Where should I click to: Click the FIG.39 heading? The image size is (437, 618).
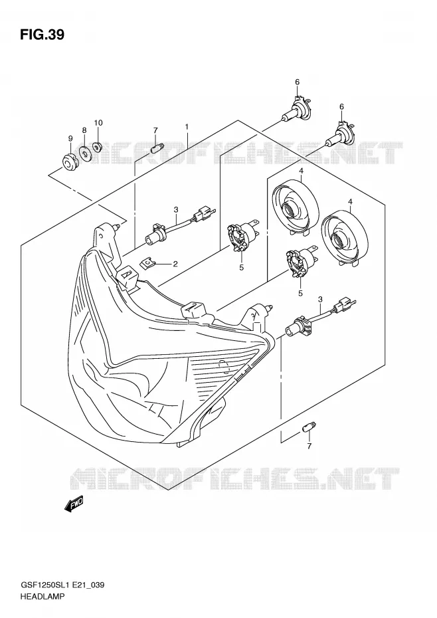point(42,35)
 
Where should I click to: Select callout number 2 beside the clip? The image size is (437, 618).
point(175,264)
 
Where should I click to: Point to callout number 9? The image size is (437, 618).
point(70,138)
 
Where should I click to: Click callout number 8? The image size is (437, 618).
point(84,130)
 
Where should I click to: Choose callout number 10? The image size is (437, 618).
point(98,122)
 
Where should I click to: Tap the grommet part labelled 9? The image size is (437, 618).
point(71,161)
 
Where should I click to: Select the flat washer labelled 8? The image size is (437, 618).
point(85,153)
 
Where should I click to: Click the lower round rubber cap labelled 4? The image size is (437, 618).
point(345,237)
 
